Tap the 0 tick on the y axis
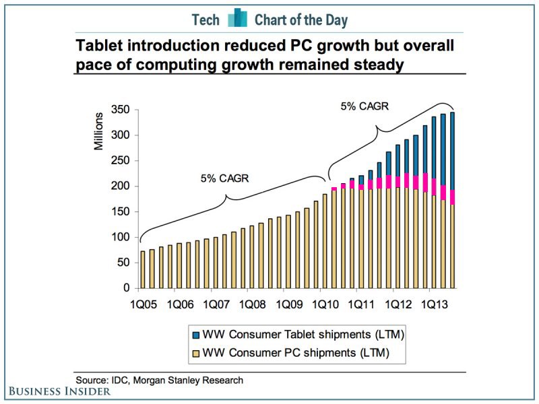pos(126,288)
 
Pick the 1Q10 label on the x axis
pos(325,304)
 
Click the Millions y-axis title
pos(99,132)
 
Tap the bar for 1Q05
pos(143,269)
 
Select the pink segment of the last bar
pos(451,197)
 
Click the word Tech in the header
pos(205,20)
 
